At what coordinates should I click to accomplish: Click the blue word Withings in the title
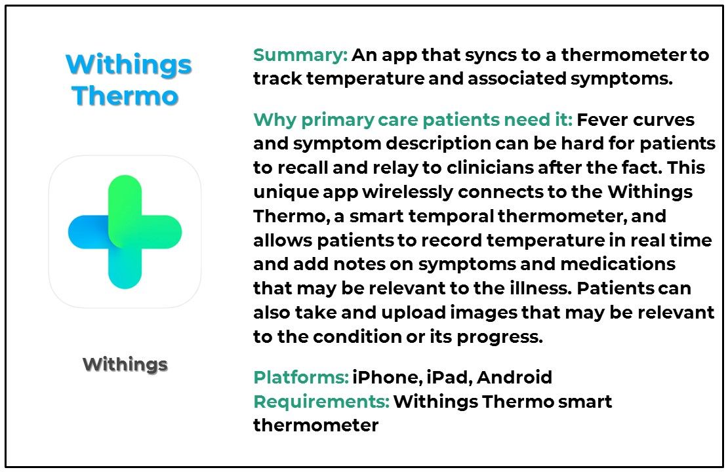tap(129, 65)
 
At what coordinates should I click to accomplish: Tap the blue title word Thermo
tap(125, 96)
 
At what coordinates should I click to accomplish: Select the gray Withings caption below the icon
tap(125, 364)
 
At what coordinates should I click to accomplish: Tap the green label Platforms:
tap(300, 378)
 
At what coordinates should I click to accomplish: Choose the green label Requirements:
tap(321, 401)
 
